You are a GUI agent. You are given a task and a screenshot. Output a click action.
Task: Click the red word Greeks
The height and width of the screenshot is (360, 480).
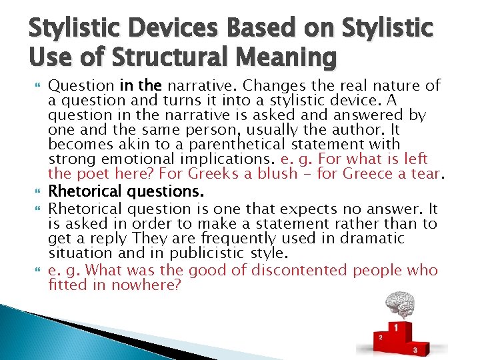click(216, 174)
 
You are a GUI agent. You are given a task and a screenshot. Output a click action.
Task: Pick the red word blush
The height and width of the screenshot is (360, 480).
click(273, 174)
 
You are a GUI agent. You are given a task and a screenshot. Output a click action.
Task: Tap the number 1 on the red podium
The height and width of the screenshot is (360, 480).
click(397, 328)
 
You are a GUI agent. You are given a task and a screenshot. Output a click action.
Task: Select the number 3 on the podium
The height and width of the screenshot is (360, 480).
click(415, 349)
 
